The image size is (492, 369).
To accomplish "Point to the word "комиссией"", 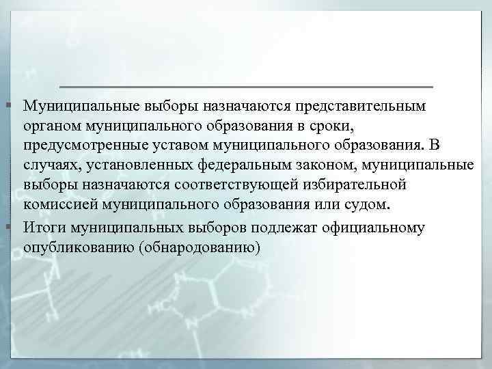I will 55,204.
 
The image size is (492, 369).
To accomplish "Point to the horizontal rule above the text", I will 247,87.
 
